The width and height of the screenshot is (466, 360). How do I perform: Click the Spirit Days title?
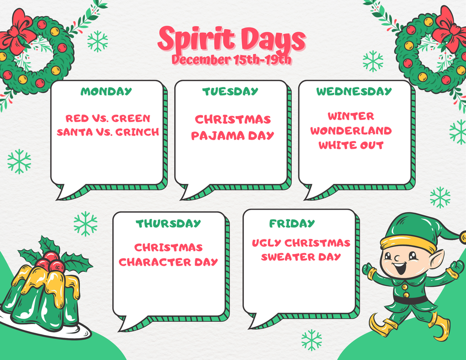click(231, 40)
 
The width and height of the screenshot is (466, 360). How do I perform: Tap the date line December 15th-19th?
click(232, 60)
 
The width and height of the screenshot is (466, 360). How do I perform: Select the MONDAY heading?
click(106, 91)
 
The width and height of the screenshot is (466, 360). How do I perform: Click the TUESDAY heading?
click(230, 91)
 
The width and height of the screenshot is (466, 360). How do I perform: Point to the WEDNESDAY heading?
click(354, 91)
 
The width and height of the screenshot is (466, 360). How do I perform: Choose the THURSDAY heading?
click(168, 223)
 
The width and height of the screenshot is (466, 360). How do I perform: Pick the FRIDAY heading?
click(292, 223)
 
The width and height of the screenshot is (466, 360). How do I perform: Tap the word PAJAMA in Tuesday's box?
click(218, 136)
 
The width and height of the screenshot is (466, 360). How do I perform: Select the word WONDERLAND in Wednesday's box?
click(351, 131)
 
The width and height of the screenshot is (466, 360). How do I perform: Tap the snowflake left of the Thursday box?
click(86, 224)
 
